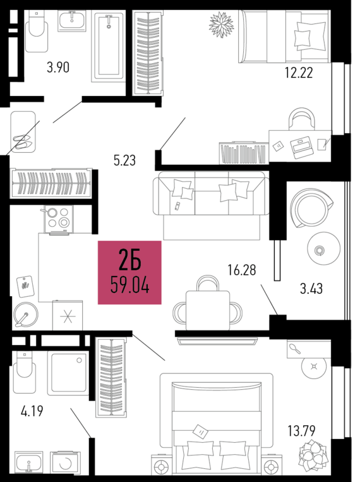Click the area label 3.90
(57, 67)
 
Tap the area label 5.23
(124, 160)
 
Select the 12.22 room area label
(299, 73)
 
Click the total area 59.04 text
(129, 286)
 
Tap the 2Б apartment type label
(129, 260)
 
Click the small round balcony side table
(319, 250)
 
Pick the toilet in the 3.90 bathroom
(37, 35)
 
